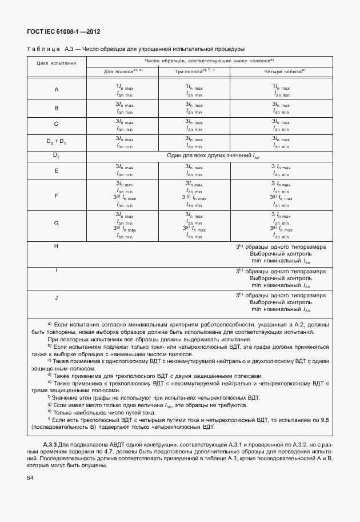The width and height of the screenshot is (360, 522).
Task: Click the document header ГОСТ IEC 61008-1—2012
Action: point(60,32)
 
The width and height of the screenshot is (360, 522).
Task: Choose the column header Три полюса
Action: point(194,71)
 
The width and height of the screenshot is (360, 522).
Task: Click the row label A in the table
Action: point(57,90)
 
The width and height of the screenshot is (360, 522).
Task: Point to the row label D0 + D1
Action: point(57,141)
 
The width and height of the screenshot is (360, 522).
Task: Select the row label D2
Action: point(57,156)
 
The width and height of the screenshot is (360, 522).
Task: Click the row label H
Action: point(57,246)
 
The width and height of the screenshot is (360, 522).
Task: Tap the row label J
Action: point(57,298)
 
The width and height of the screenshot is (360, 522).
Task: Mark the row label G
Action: point(57,223)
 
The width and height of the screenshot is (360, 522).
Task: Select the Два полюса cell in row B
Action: point(125,108)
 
